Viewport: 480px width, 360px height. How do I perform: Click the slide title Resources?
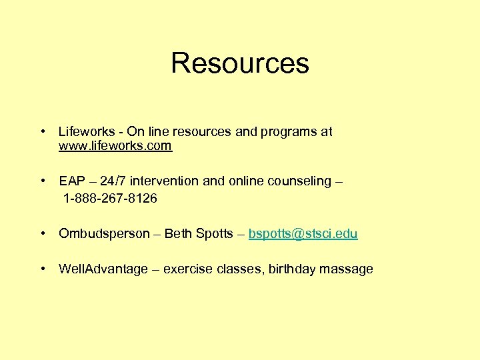coord(240,63)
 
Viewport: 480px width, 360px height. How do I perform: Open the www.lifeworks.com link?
coord(115,146)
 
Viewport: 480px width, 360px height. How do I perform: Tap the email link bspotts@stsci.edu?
coord(303,234)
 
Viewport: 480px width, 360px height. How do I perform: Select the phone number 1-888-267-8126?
coord(111,199)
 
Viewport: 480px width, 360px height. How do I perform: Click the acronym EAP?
coord(71,181)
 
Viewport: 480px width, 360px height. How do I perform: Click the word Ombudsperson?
coord(104,234)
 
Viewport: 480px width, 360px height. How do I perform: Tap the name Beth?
coord(177,234)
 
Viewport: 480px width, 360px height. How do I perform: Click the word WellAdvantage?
coord(103,269)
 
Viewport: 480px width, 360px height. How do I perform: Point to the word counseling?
coord(299,181)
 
